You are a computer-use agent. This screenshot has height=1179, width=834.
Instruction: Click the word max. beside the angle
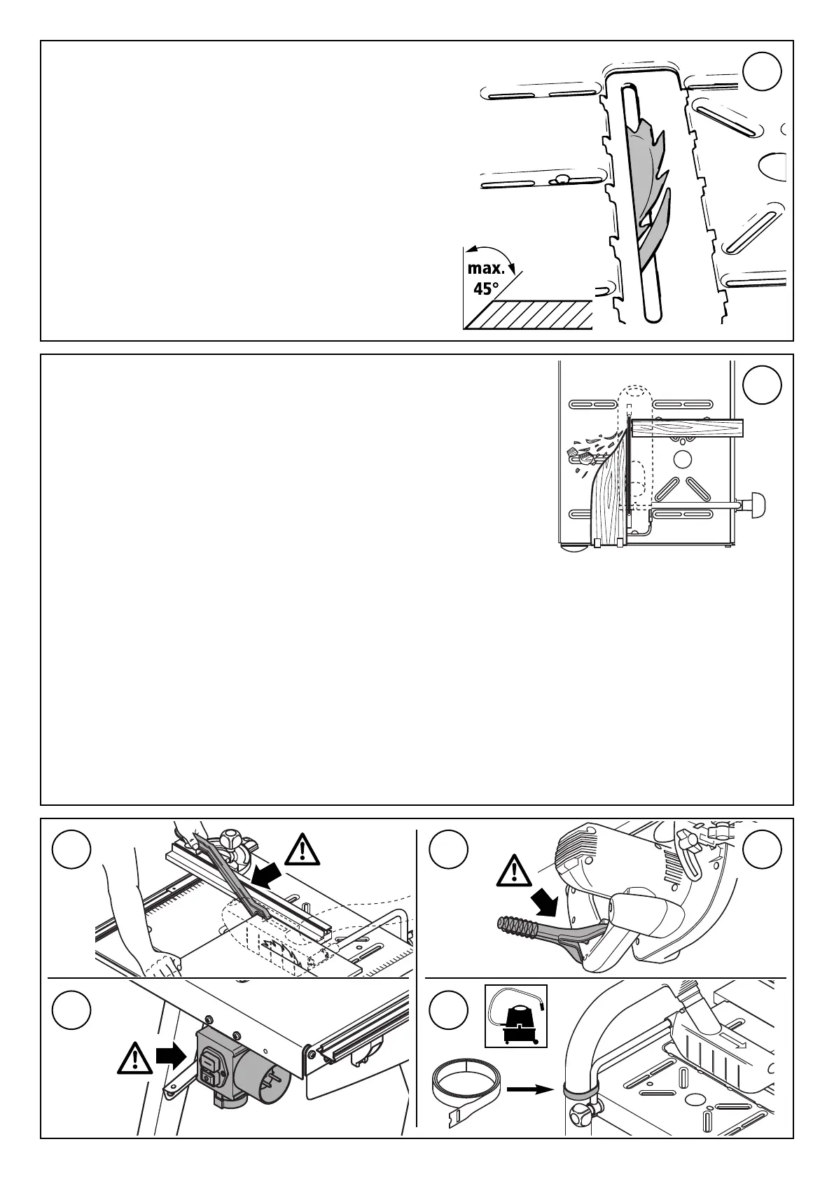(486, 268)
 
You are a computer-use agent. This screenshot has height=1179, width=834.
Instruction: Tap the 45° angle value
(487, 288)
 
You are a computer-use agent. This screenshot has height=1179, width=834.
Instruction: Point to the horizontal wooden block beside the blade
(686, 428)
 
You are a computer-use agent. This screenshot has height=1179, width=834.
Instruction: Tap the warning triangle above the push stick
(301, 849)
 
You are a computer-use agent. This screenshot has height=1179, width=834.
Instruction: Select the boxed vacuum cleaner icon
(516, 1016)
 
